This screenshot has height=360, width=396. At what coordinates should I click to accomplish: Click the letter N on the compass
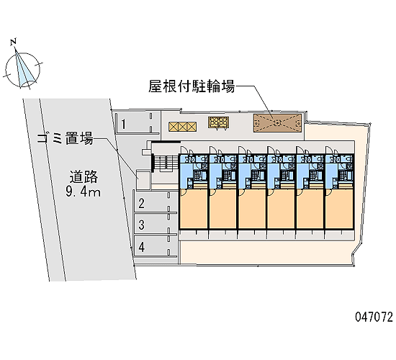click(x=14, y=42)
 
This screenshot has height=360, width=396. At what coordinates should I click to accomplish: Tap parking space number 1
click(x=137, y=123)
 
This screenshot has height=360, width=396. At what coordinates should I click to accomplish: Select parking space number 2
click(x=156, y=202)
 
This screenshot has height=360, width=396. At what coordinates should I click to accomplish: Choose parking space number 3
click(x=156, y=224)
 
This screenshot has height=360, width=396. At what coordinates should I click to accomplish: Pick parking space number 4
click(x=156, y=246)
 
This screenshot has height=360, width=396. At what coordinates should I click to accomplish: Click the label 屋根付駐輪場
click(x=192, y=86)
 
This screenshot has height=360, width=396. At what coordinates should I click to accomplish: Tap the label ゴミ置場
click(x=65, y=138)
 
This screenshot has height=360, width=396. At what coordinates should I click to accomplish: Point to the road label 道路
click(x=84, y=176)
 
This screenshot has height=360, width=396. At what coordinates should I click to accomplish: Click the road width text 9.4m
click(x=83, y=192)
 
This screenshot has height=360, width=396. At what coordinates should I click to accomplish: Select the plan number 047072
click(x=374, y=317)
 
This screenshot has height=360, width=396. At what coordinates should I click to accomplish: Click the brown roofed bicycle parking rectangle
click(x=277, y=123)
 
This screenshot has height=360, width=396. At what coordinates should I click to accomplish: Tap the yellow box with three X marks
click(x=183, y=127)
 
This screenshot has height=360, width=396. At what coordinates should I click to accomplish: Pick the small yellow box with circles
click(x=218, y=122)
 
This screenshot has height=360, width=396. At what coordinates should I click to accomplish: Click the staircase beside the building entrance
click(x=165, y=163)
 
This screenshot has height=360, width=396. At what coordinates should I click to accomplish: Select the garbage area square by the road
click(x=143, y=179)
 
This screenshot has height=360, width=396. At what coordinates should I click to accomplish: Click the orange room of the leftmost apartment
click(x=194, y=209)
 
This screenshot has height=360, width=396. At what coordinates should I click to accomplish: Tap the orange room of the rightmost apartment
click(x=339, y=209)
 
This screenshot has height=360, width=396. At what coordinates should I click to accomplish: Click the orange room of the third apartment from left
click(x=252, y=209)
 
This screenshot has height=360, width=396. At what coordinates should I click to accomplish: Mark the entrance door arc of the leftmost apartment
click(x=184, y=148)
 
